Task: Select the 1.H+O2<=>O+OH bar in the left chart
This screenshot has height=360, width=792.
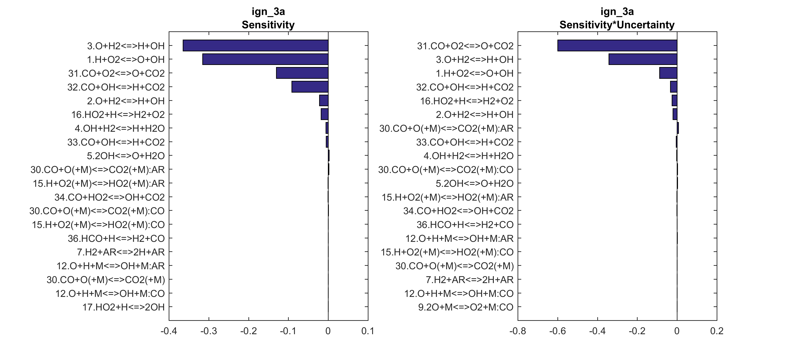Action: [x=265, y=59]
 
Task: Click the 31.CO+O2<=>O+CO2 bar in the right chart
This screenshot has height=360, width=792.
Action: [x=617, y=46]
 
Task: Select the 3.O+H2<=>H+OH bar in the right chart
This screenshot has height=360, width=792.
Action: [x=643, y=59]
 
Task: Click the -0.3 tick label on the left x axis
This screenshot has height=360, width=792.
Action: [x=209, y=331]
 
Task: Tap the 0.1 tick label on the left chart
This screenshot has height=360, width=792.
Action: [x=368, y=331]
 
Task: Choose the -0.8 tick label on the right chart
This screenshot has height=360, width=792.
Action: [x=518, y=331]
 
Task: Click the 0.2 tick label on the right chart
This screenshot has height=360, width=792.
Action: [x=717, y=331]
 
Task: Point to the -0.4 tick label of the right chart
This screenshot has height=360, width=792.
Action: [x=597, y=331]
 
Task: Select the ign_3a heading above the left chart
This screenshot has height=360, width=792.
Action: [x=268, y=12]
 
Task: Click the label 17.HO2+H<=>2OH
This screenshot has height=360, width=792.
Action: [x=124, y=307]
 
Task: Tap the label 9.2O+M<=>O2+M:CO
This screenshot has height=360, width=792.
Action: [x=466, y=307]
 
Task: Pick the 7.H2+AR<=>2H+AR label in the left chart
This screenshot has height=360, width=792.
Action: [x=121, y=252]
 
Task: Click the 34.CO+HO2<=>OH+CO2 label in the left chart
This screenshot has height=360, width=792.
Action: [x=109, y=197]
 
